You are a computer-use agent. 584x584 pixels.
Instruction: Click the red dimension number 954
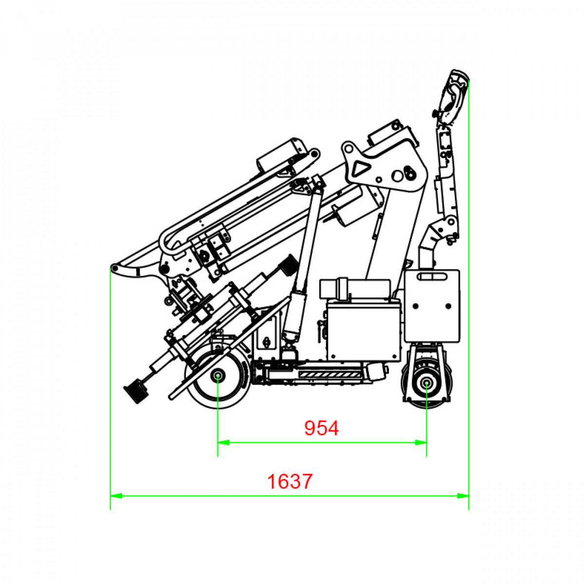[321, 428]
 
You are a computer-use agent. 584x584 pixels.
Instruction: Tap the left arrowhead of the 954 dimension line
[223, 443]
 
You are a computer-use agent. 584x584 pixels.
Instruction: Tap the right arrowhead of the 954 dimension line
[421, 443]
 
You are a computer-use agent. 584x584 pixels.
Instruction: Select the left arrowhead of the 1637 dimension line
[116, 496]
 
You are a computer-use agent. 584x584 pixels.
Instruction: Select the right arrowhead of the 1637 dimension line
[463, 496]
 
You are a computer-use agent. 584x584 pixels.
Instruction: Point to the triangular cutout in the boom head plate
[363, 167]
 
